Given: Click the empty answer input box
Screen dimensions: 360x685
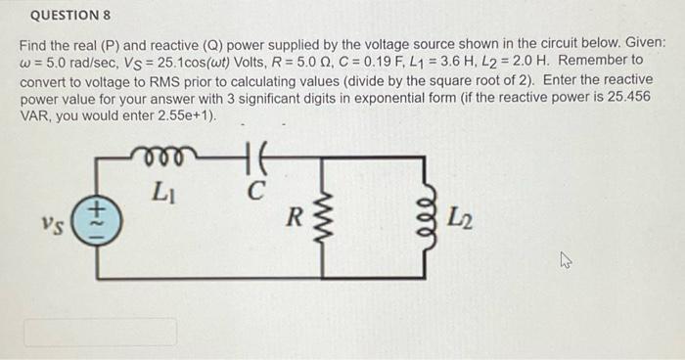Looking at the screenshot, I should (100, 331).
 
